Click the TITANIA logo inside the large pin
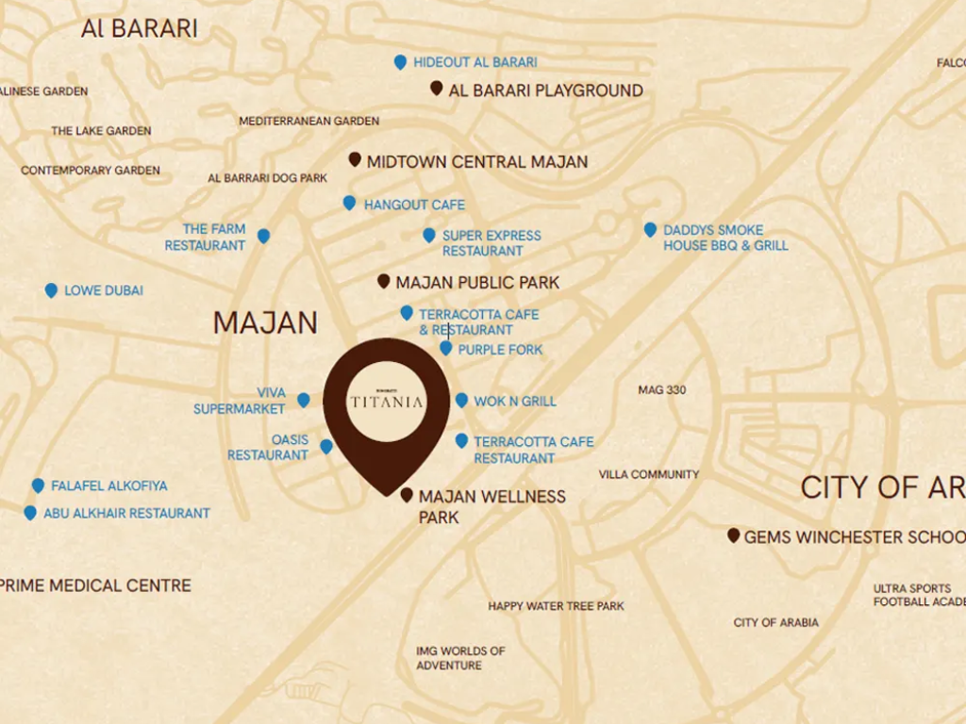pos(386,401)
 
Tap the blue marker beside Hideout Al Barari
pos(400,62)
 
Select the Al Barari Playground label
pos(545,90)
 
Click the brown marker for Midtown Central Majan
pos(355,160)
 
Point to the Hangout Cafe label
pos(414,205)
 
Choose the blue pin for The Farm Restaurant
pos(263,236)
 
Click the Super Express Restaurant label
pos(491,243)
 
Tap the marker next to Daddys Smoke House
pos(650,229)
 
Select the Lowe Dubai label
pos(104,291)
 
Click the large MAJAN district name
pos(265,323)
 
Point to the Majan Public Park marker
pos(384,281)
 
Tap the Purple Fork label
pos(500,350)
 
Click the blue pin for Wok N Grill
pos(461,400)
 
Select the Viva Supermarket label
pos(240,401)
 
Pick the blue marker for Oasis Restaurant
pos(326,446)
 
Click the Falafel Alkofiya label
pos(108,486)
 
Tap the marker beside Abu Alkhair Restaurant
pos(30,513)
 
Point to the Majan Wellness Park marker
pos(407,495)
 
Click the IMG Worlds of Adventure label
pos(460,658)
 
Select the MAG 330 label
pos(662,390)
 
